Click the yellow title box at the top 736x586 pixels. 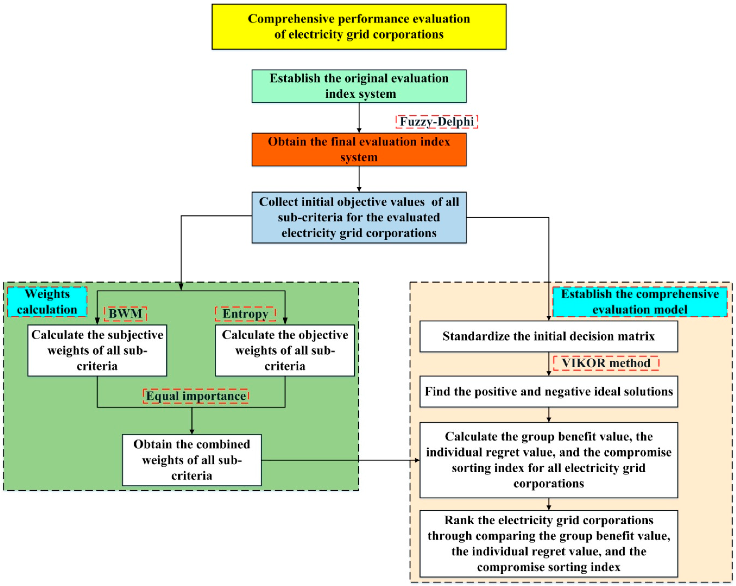pos(359,27)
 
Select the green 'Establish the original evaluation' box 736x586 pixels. pos(359,86)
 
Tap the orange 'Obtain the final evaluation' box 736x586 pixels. pos(359,149)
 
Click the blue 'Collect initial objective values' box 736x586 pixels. pos(359,217)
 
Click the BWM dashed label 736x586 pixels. pos(125,314)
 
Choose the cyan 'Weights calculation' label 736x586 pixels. pos(47,302)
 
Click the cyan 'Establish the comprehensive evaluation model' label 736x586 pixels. pos(640,302)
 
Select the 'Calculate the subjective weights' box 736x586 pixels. pos(97,350)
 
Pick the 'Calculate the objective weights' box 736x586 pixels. pos(285,350)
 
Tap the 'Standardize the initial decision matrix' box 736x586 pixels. pos(549,336)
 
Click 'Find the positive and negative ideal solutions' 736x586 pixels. pos(549,391)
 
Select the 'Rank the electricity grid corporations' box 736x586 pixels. pos(549,543)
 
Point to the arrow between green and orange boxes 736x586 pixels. pos(359,118)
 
